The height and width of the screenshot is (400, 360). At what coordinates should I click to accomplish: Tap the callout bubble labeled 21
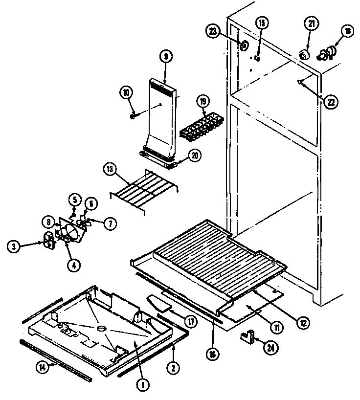point(311,24)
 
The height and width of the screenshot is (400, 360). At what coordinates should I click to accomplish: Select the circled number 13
point(110,171)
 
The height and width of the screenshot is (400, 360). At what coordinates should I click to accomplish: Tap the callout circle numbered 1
point(143,385)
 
